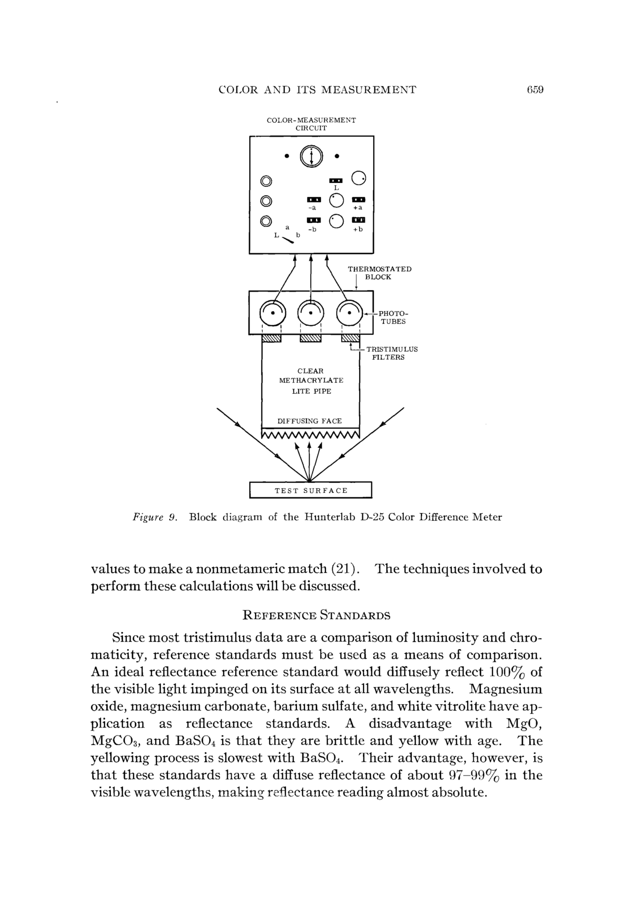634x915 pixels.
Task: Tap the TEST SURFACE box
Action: [311, 490]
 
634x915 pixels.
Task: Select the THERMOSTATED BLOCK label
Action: [379, 273]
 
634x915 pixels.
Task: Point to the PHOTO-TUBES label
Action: [393, 317]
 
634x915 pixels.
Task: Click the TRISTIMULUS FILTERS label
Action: [391, 353]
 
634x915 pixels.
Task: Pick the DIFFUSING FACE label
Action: [309, 421]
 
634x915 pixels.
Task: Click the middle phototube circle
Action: [311, 313]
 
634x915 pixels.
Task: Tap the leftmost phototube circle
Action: [273, 313]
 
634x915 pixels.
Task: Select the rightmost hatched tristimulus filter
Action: [350, 338]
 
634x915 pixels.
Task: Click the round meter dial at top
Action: [311, 156]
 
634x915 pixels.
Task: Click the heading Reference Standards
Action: [316, 615]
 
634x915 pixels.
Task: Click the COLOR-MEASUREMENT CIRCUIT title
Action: [311, 124]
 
